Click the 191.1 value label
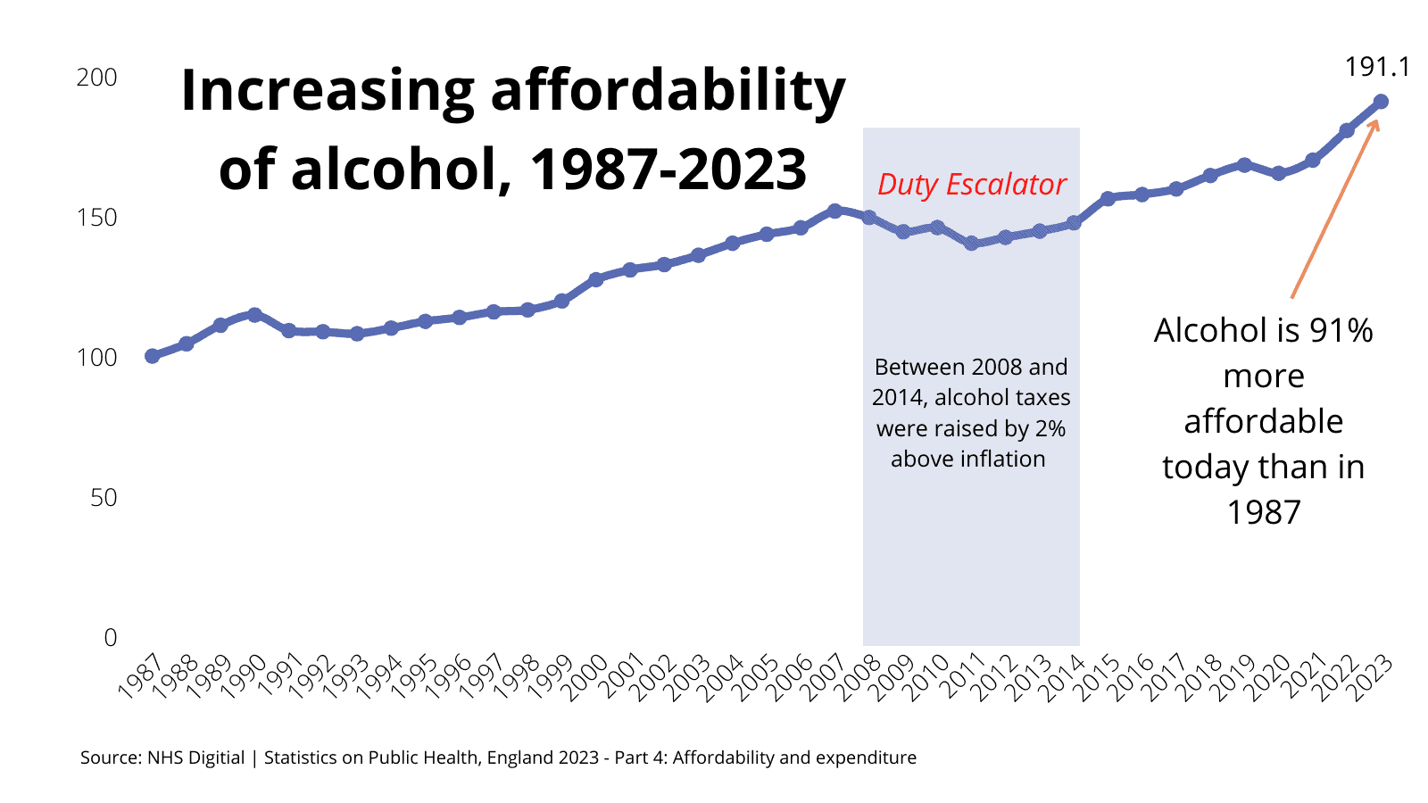1377,68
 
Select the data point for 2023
1381,102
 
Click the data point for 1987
152,356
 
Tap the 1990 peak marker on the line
254,315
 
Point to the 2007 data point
834,211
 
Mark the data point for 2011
971,244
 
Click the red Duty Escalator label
971,185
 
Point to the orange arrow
1335,209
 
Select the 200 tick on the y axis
96,78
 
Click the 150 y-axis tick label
96,218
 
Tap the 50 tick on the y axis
104,498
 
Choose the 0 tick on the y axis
111,638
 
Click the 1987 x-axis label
139,676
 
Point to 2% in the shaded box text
1050,429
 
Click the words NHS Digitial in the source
195,757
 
